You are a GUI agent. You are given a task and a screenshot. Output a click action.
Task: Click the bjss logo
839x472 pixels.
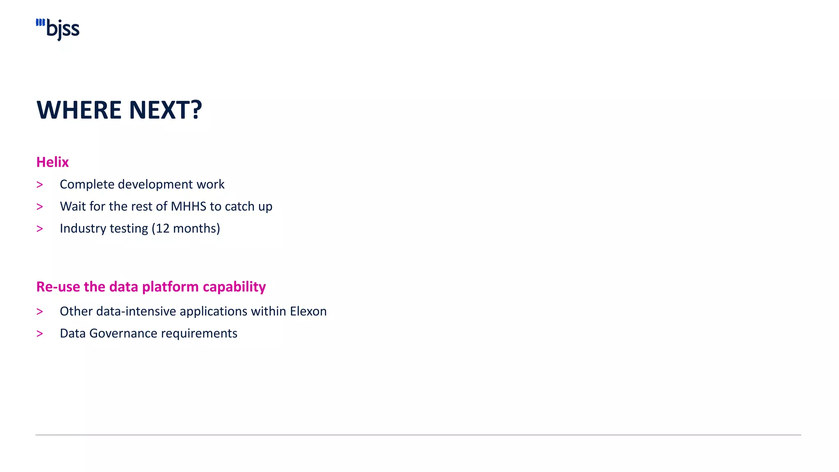[x=58, y=29]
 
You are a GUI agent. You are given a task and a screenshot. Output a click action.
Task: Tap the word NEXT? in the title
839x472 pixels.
[x=166, y=110]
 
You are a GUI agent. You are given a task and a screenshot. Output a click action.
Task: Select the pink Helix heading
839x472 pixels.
[x=52, y=162]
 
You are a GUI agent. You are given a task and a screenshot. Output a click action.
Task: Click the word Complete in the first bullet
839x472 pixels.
[x=87, y=184]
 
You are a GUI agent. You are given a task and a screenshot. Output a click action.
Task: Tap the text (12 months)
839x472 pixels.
[x=186, y=228]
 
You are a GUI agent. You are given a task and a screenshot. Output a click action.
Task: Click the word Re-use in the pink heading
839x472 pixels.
[x=58, y=287]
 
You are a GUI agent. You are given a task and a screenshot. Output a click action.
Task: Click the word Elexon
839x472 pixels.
[x=308, y=311]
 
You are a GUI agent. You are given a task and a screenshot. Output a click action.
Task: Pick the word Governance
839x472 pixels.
[x=123, y=334]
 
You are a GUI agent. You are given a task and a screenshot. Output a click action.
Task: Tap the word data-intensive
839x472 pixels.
[x=136, y=311]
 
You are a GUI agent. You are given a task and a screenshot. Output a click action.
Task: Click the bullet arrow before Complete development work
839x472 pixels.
[x=40, y=185]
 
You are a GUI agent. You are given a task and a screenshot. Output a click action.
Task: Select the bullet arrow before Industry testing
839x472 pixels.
[x=40, y=229]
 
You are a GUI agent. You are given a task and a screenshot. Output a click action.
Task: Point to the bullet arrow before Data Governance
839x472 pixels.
[x=40, y=334]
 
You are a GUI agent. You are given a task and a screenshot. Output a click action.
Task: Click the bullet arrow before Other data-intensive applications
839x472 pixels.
[x=40, y=312]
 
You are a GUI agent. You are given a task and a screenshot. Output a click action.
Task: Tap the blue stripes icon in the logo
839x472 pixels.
[x=40, y=23]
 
